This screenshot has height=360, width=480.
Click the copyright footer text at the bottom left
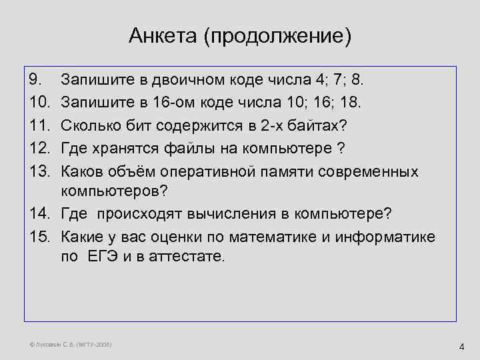67,345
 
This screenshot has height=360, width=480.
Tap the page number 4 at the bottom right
461,346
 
